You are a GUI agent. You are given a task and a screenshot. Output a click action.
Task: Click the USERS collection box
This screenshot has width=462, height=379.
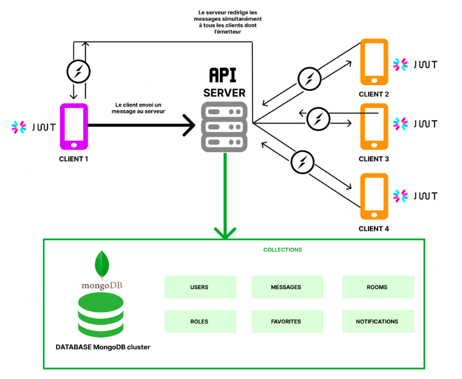tap(199, 287)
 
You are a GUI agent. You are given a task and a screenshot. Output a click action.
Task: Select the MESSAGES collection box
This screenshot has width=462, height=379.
tap(286, 287)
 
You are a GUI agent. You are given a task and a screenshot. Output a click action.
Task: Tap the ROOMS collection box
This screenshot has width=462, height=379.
tap(377, 287)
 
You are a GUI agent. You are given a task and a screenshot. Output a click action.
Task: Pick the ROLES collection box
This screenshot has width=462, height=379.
tap(199, 321)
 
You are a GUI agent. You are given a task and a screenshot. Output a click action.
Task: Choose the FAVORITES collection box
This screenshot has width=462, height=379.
tap(286, 321)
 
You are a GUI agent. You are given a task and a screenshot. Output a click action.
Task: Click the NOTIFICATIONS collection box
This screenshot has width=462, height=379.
tap(377, 321)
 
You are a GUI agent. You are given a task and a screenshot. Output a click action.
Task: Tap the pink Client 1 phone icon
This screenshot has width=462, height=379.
tap(73, 127)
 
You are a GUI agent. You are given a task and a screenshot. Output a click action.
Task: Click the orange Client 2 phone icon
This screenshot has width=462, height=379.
tap(374, 61)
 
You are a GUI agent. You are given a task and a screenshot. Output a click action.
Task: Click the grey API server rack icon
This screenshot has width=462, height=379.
tap(224, 127)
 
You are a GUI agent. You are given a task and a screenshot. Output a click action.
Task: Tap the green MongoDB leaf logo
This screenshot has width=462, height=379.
tap(102, 264)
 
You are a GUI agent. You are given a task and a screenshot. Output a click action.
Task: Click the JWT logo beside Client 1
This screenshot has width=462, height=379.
tap(32, 127)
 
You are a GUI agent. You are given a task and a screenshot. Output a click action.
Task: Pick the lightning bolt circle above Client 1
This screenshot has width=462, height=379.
tap(78, 72)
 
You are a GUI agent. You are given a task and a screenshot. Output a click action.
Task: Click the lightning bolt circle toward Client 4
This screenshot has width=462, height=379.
tap(302, 162)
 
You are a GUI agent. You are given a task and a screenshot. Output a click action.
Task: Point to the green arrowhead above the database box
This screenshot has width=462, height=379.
tap(225, 232)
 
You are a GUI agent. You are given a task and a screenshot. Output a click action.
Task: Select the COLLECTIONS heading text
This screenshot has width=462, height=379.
tap(282, 250)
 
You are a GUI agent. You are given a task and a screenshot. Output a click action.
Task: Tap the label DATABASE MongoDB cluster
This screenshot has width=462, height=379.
tap(103, 347)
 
